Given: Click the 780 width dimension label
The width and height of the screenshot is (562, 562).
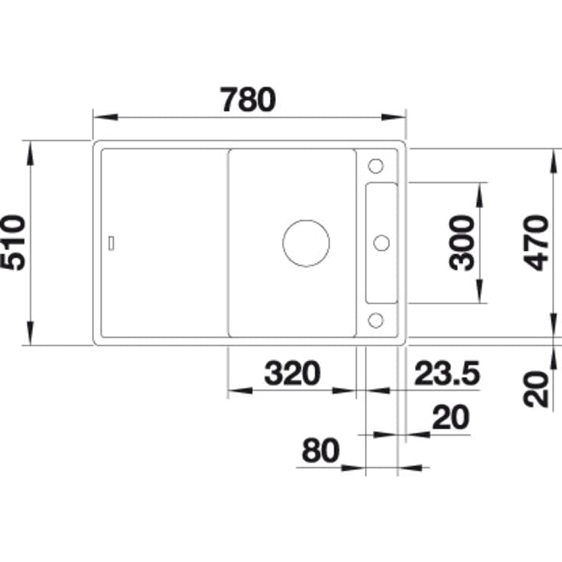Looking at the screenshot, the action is coord(248,99).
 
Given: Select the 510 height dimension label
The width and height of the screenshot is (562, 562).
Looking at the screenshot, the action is coord(13,242).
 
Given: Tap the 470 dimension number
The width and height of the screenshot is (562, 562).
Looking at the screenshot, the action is coord(536,242).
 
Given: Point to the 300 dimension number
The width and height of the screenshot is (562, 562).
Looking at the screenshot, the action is coord(461,242).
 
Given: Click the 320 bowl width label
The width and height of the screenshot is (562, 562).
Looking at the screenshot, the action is coord(292,373).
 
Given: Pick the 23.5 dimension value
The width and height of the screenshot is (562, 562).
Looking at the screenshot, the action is coord(447,373).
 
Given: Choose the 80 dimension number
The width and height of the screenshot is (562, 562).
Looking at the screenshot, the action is coord(320,450).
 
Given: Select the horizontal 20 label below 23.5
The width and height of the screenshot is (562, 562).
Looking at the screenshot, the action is coord(450,417).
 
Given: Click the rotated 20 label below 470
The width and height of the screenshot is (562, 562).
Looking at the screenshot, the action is coord(536,389).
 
